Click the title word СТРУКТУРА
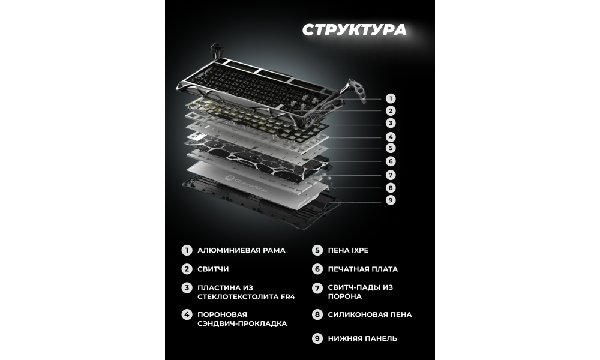coord(355,30)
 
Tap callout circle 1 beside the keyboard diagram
coord(391,99)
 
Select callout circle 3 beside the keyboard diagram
coord(391,123)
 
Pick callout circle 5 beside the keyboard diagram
coord(391,148)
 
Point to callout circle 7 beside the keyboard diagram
coord(391,175)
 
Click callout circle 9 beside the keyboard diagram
coord(391,200)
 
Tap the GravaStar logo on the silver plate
coord(247,184)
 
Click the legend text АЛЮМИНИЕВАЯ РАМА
coord(241,250)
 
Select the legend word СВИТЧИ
coord(213,269)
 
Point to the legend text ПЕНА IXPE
coord(348,250)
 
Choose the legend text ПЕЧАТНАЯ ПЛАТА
coord(363,269)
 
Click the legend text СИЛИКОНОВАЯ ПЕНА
coord(370,314)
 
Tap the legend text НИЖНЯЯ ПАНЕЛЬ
coord(362,338)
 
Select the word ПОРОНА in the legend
coord(345,296)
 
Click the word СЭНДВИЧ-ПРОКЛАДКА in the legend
coord(242,323)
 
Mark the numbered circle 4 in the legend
coord(187,315)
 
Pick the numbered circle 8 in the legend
coord(317,314)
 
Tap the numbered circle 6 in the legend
coord(317,269)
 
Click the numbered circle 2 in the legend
coord(187,269)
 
